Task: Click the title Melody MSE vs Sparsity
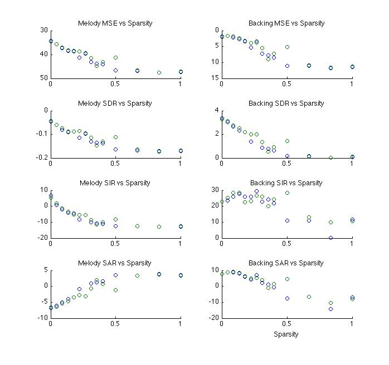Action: coord(115,23)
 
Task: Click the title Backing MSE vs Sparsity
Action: coord(286,23)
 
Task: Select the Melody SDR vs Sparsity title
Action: coord(115,103)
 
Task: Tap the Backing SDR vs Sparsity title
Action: coord(286,103)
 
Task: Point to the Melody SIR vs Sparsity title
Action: coord(115,182)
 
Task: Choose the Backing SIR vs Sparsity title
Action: coord(286,182)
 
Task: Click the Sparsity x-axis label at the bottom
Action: coord(286,334)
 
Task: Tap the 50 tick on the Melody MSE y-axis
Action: coord(43,78)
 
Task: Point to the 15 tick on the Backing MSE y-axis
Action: coord(215,78)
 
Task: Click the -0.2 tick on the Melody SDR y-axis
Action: coord(41,158)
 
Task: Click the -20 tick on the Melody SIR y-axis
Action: coord(42,238)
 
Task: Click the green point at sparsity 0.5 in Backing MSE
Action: coord(287,47)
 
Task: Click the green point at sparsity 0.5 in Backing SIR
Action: coord(287,193)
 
